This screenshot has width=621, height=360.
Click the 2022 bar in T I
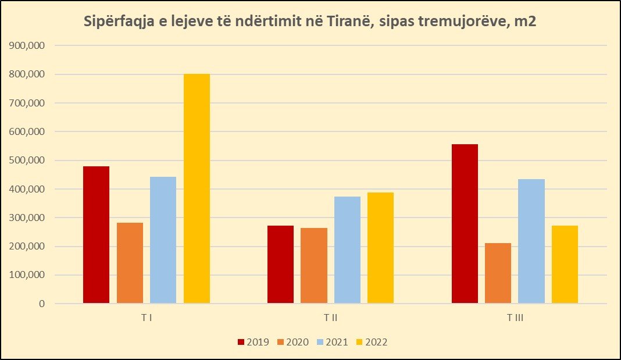pyautogui.click(x=197, y=188)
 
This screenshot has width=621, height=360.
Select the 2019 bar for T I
pyautogui.click(x=96, y=235)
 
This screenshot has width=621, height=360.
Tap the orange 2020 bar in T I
pyautogui.click(x=130, y=263)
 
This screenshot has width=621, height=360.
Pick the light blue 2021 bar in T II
pyautogui.click(x=347, y=250)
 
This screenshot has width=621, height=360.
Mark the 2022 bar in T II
pyautogui.click(x=380, y=248)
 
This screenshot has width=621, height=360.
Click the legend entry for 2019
pyautogui.click(x=253, y=342)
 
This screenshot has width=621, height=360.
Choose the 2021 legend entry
pyautogui.click(x=332, y=342)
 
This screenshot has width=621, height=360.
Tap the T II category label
pyautogui.click(x=331, y=318)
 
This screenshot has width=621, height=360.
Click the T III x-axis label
pyautogui.click(x=515, y=318)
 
